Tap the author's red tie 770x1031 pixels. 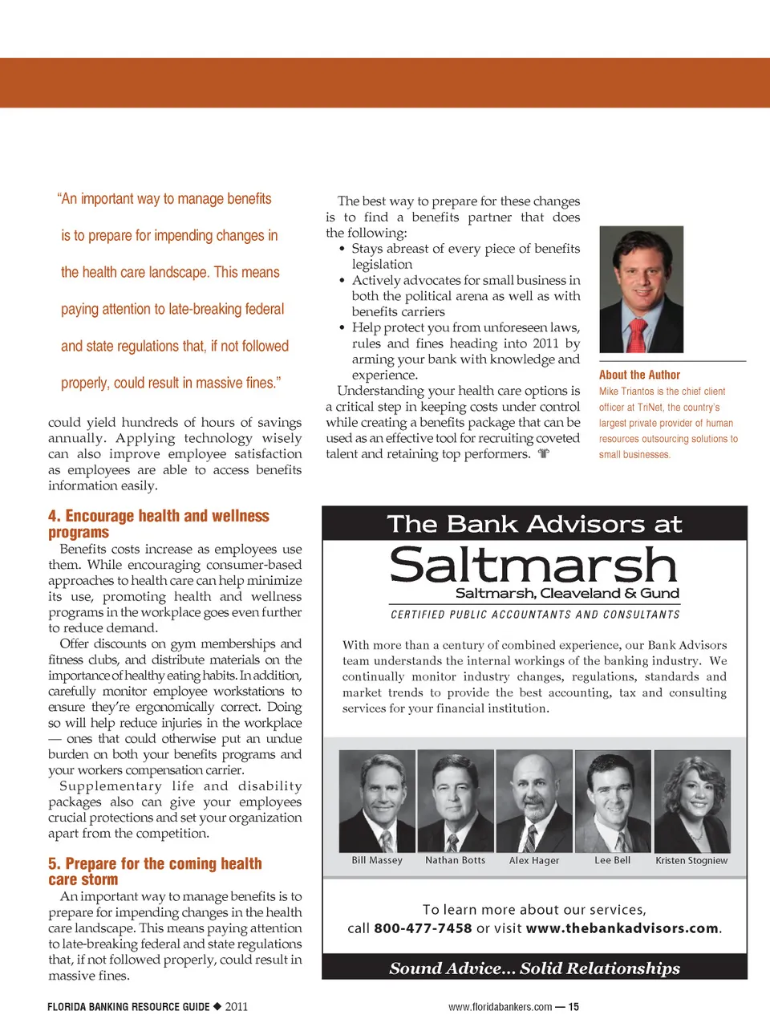[637, 335]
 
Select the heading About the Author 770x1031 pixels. [639, 375]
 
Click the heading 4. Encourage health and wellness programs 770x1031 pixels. [158, 524]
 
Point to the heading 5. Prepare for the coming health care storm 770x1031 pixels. [155, 871]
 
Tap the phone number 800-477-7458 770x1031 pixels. [423, 928]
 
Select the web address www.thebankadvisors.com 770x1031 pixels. [622, 928]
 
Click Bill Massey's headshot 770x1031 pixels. [377, 801]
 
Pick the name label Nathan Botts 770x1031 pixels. [455, 860]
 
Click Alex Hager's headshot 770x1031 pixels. [534, 801]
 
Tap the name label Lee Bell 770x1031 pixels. [612, 860]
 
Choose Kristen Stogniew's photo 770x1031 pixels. [692, 801]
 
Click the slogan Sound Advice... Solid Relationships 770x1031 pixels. [534, 968]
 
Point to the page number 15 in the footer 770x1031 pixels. [573, 1007]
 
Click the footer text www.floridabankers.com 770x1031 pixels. [500, 1007]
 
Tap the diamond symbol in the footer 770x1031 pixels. [217, 1006]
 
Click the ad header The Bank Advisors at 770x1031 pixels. [534, 524]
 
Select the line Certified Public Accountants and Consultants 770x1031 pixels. [535, 615]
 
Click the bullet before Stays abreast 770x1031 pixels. [342, 249]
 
